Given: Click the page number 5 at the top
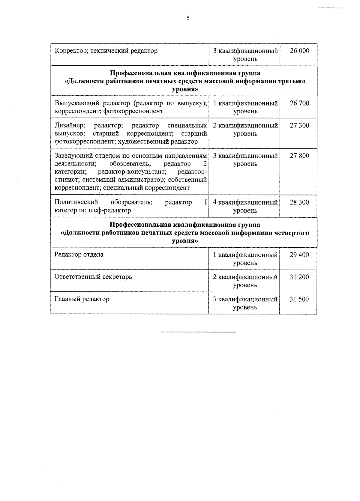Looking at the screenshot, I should click(188, 19).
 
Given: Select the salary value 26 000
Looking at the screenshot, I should click(299, 51).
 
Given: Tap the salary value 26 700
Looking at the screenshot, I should click(299, 103).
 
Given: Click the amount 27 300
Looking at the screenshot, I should click(299, 125).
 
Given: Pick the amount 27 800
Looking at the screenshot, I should click(299, 156).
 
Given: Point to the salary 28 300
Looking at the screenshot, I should click(299, 202).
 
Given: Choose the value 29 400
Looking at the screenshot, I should click(299, 255).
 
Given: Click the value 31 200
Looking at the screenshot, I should click(299, 277).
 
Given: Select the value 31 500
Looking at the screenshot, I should click(299, 299).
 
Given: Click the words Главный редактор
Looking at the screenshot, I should click(82, 299).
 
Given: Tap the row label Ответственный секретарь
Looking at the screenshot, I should click(93, 277).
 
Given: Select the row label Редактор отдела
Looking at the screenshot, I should click(79, 255).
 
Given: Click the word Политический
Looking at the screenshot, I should click(76, 202).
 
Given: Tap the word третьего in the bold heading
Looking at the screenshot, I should click(289, 81).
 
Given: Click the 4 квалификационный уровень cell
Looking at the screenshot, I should click(245, 206).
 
